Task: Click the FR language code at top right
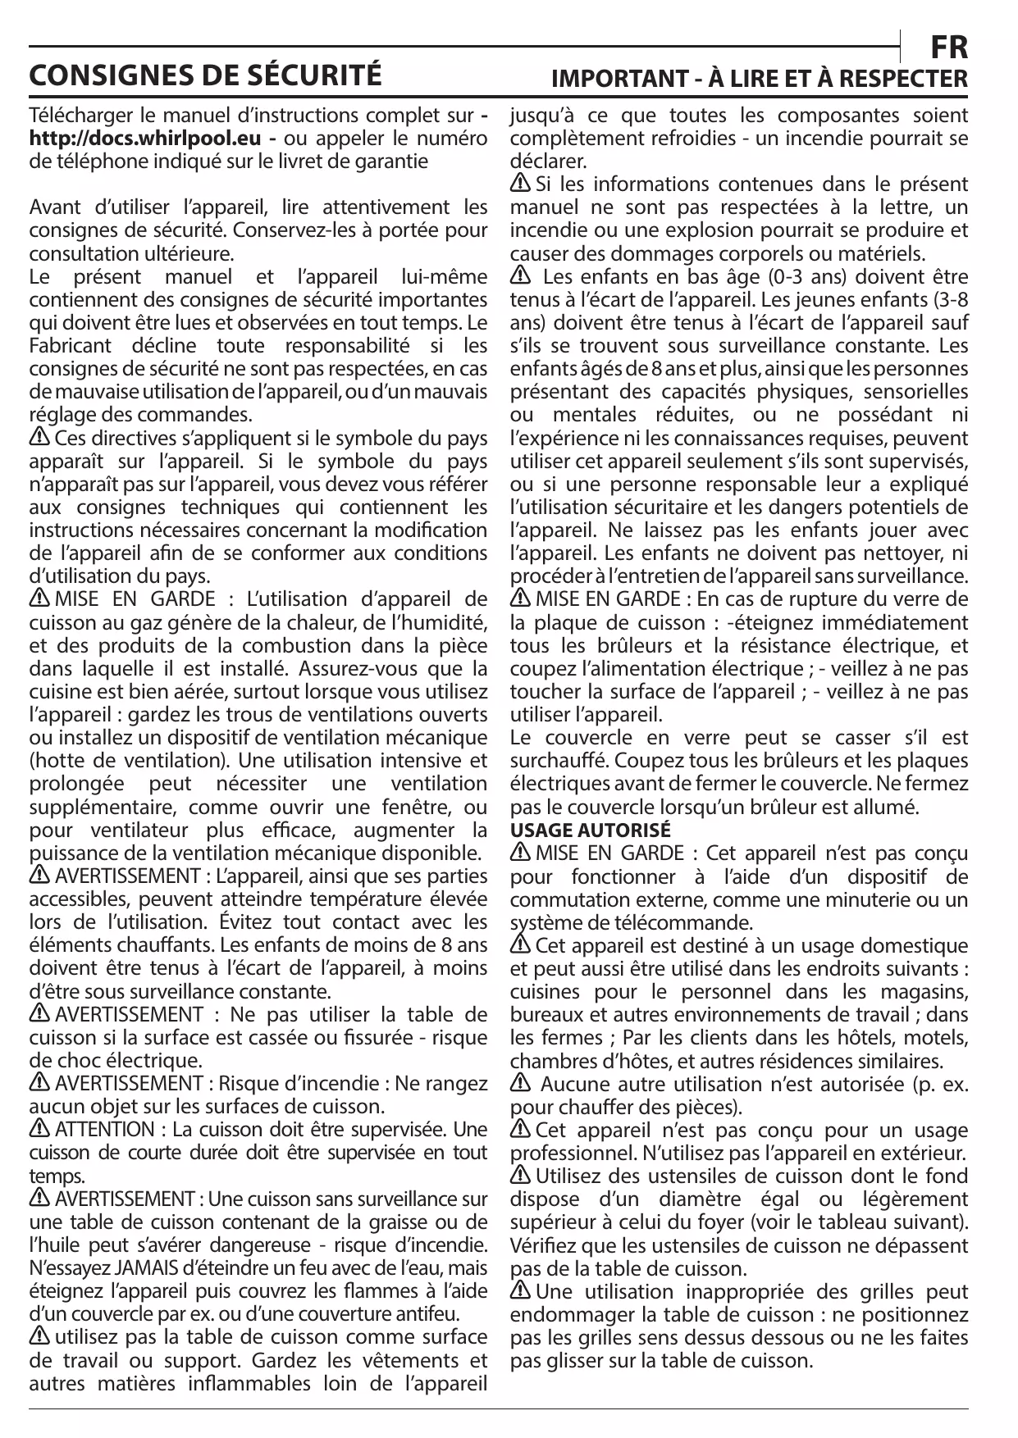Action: tap(950, 48)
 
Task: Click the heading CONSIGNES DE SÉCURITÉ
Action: tap(205, 75)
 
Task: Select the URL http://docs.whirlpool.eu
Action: tap(144, 137)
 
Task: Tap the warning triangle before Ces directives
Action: tap(39, 439)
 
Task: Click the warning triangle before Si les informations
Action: tap(521, 184)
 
